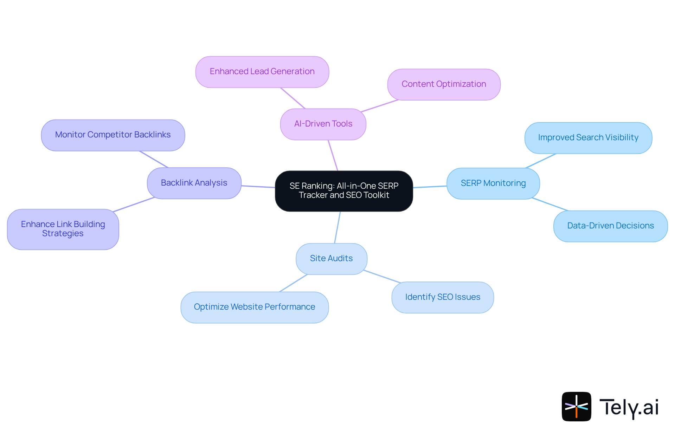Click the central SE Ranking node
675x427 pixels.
pos(344,191)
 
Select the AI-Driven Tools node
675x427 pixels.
pos(323,124)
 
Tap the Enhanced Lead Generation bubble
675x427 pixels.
pos(262,72)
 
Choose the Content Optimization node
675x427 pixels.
pos(444,84)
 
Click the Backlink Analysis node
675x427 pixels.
pos(194,183)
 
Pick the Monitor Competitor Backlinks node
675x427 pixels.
pos(113,135)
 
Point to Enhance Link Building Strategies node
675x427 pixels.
pos(63,229)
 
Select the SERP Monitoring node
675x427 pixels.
pos(493,183)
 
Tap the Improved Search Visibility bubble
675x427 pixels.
pos(588,138)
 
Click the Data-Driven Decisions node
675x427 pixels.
pos(610,226)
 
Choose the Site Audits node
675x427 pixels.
pos(331,259)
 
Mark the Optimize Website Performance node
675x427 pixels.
pos(255,307)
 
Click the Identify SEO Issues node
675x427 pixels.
pos(442,297)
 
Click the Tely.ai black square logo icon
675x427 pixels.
pos(576,406)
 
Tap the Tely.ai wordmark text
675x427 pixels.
pos(629,408)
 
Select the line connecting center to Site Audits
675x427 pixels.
pos(337,227)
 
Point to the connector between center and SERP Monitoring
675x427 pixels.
pos(430,187)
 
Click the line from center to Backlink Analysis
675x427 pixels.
pos(258,187)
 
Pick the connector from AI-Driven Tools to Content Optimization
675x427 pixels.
pos(380,106)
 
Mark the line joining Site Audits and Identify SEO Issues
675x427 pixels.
pos(382,276)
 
